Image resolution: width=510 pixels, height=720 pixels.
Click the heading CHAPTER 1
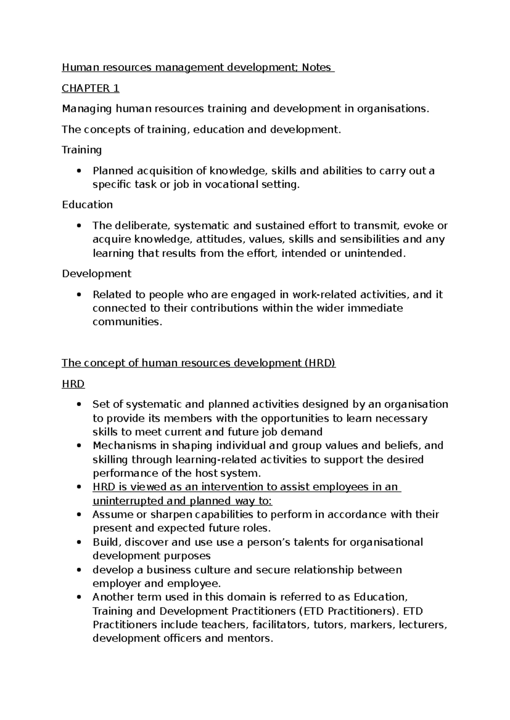tap(91, 88)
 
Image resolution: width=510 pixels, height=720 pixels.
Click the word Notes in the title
tap(316, 67)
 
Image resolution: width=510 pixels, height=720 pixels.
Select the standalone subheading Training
tap(82, 150)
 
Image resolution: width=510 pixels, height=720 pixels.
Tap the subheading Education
tap(87, 205)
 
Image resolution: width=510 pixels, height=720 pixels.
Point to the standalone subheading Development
tap(96, 273)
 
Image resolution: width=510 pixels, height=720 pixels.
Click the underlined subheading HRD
tap(73, 384)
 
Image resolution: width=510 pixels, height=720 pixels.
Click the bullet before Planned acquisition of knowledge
tap(79, 171)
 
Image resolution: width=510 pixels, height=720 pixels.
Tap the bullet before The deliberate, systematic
tap(79, 226)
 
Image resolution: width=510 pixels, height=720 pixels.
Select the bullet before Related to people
tap(79, 295)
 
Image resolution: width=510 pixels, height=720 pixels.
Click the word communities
tap(127, 322)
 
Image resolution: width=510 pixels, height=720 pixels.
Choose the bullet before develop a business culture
tap(79, 570)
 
